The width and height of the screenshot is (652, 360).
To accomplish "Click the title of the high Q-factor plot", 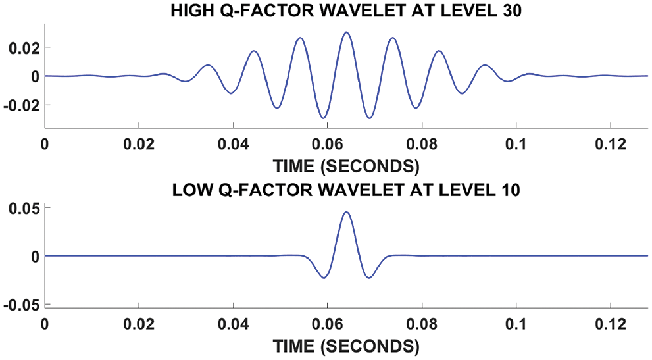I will coord(346,12).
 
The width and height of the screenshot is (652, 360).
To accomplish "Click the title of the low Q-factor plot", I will coord(346,192).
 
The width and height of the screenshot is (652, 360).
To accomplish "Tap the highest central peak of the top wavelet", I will coord(346,32).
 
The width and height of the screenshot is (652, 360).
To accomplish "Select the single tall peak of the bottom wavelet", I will coord(346,212).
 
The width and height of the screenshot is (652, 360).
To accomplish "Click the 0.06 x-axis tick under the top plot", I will coord(327,143).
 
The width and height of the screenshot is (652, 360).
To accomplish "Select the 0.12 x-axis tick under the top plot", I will coord(611,143).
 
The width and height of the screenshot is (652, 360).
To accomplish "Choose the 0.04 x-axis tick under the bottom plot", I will coord(233,323).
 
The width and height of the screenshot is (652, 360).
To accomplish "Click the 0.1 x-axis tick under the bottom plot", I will coord(516,323).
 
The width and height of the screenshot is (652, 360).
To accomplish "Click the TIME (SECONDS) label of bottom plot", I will coord(346,344).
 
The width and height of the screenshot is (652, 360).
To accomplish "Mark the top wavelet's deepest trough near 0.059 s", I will coord(323,118).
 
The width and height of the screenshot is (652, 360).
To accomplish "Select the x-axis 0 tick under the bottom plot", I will coord(45,323).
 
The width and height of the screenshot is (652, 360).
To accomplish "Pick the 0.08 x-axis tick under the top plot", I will coord(422,143).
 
